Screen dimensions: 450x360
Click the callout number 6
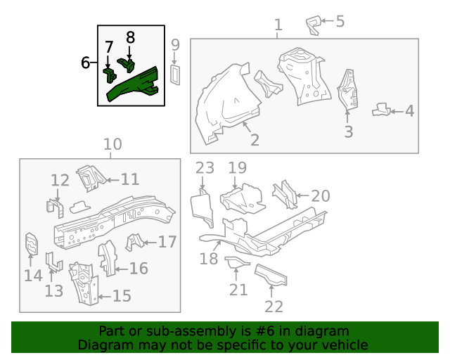pyautogui.click(x=85, y=63)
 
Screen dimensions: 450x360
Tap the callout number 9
pyautogui.click(x=175, y=45)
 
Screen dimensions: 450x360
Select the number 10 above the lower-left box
pyautogui.click(x=112, y=144)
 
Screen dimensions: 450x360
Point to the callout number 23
pyautogui.click(x=205, y=168)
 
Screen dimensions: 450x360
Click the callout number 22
pyautogui.click(x=274, y=307)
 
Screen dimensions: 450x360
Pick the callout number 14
pyautogui.click(x=33, y=276)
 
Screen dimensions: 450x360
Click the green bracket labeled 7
pyautogui.click(x=110, y=75)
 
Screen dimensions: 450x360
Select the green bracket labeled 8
pyautogui.click(x=127, y=65)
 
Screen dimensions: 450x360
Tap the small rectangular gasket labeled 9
pyautogui.click(x=175, y=75)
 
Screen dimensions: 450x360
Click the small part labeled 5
pyautogui.click(x=314, y=25)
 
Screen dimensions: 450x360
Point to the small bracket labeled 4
pyautogui.click(x=381, y=110)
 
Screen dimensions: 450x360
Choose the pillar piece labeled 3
pyautogui.click(x=347, y=89)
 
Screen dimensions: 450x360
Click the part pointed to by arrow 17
pyautogui.click(x=134, y=242)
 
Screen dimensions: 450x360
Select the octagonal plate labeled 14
pyautogui.click(x=32, y=244)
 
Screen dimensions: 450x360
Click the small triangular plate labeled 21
pyautogui.click(x=236, y=262)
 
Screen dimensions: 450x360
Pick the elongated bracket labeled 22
pyautogui.click(x=271, y=275)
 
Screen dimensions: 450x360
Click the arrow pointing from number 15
pyautogui.click(x=105, y=296)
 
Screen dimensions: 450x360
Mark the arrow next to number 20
pyautogui.click(x=302, y=195)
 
